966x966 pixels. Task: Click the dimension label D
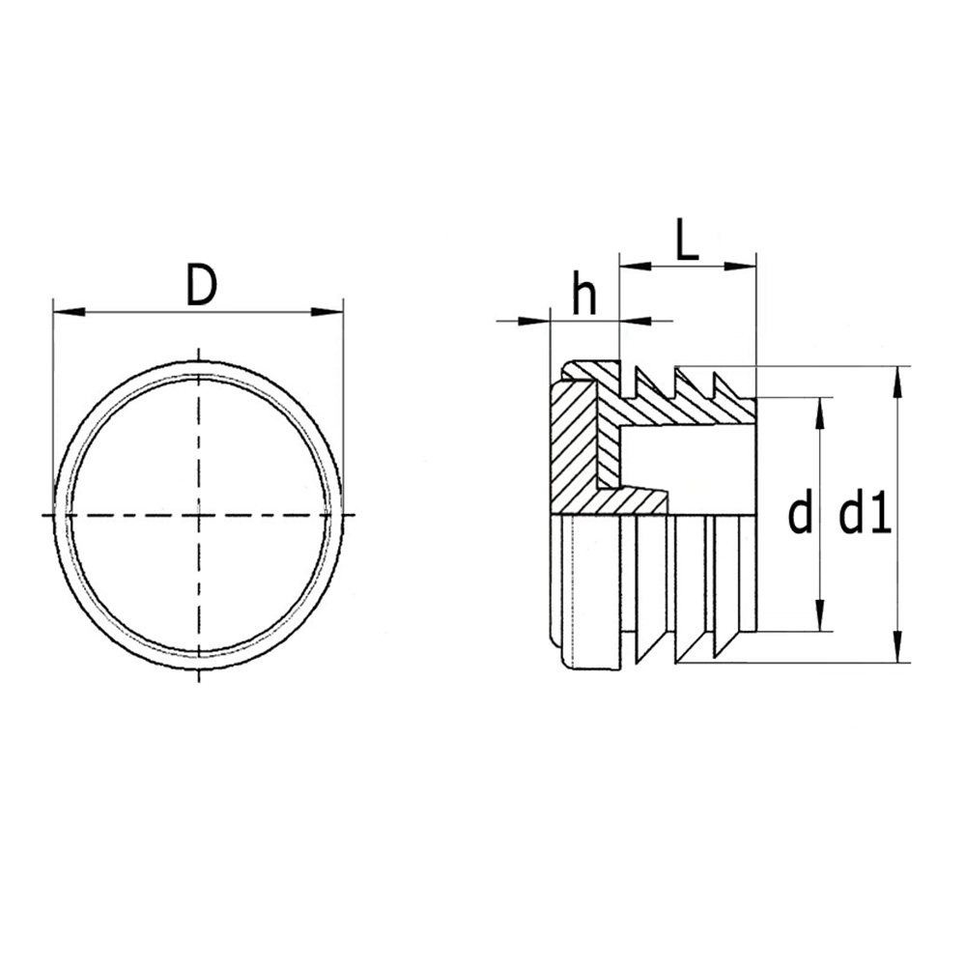200,286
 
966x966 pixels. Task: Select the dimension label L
686,241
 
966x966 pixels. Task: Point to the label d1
864,515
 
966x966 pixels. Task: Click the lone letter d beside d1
799,515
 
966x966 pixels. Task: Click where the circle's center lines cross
199,515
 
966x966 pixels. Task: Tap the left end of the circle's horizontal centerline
44,515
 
